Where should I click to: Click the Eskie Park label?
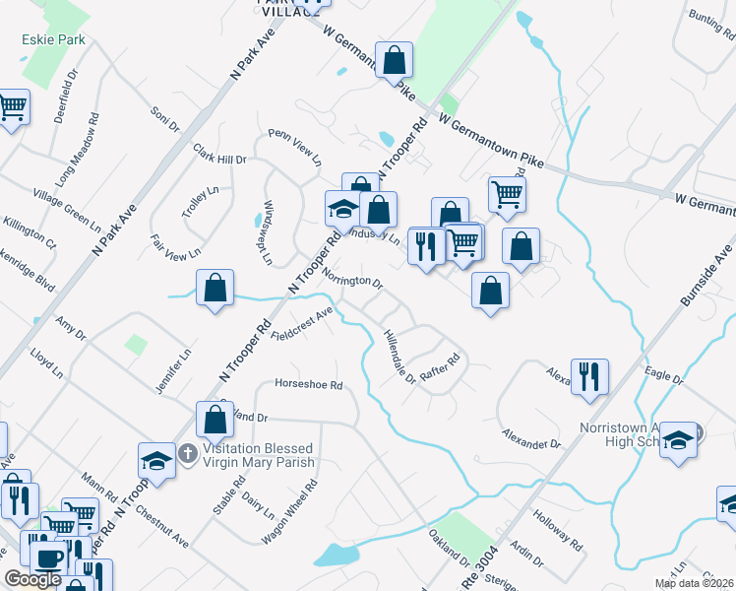53,40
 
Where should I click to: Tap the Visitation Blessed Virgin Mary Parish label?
259,455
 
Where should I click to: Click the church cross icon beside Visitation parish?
189,455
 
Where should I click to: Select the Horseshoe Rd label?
308,384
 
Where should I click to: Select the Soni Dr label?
165,119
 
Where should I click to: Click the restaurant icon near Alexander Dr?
589,375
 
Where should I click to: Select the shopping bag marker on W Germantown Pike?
394,61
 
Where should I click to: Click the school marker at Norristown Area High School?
678,440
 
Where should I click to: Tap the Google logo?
32,579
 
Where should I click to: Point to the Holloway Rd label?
557,527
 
